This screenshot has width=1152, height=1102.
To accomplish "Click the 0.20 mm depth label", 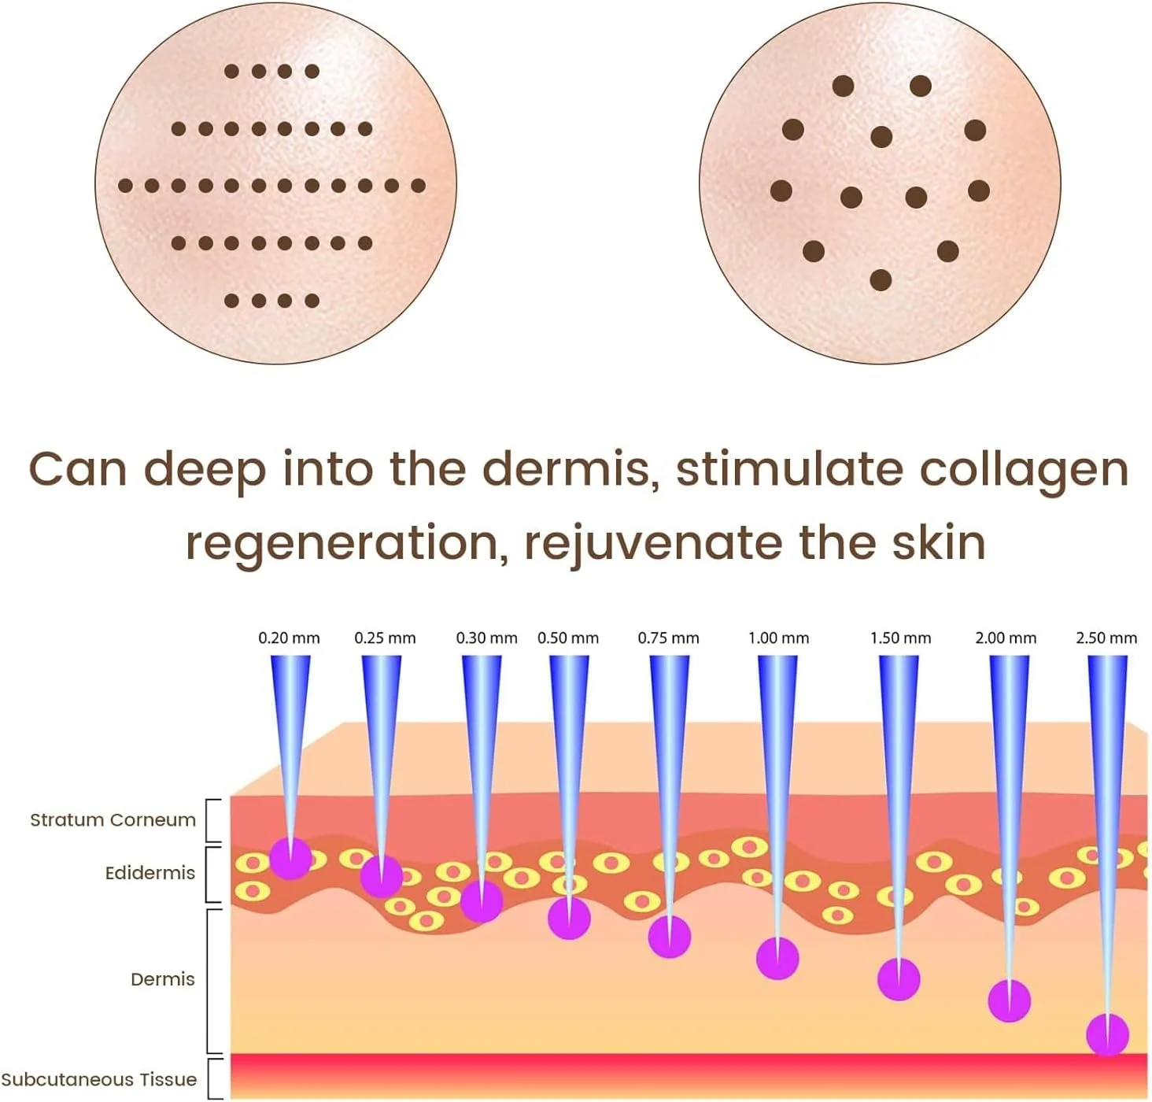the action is click(289, 638).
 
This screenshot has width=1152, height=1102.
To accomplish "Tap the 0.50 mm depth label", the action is click(567, 638).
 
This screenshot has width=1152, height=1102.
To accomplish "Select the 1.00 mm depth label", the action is click(778, 638).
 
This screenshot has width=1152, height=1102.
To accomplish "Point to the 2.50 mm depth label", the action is click(1106, 638).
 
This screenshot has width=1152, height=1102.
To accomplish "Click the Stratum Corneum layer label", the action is click(113, 820).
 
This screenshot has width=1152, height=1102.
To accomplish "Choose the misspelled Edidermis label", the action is click(150, 874).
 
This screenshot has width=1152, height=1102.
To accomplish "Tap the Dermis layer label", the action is click(163, 979).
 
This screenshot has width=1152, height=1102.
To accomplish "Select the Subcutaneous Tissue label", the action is click(99, 1079).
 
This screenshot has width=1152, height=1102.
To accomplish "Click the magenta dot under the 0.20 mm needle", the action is click(290, 858).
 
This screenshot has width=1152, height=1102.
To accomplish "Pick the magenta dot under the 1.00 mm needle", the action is click(778, 958).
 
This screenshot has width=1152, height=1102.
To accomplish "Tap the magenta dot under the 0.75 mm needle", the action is click(670, 937).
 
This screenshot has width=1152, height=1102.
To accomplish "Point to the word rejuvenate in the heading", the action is click(654, 544).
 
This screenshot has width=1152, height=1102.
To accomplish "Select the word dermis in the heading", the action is click(570, 470).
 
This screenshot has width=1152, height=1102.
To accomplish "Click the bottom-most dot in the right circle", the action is click(881, 280).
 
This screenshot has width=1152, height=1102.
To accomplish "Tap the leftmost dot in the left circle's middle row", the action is click(125, 186).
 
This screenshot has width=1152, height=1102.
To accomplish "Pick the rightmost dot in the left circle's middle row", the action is click(418, 186).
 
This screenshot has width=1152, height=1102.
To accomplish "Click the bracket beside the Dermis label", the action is click(209, 982).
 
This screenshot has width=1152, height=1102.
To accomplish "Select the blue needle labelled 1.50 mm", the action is click(899, 817).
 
